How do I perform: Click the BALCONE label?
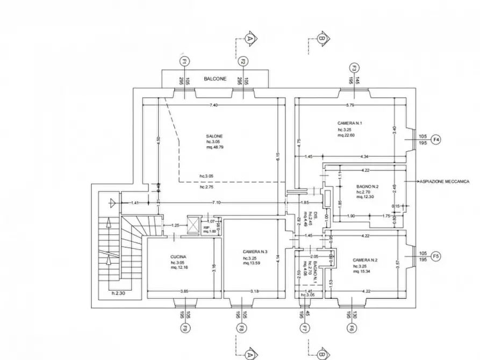coord(214,80)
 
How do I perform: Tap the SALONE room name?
coord(214,136)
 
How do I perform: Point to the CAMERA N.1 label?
coord(350,123)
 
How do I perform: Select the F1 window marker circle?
coord(184,62)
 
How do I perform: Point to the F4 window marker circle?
coord(436,140)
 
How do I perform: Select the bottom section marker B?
coord(321,355)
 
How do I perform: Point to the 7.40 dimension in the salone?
coord(213,105)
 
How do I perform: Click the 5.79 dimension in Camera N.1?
coord(350,105)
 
